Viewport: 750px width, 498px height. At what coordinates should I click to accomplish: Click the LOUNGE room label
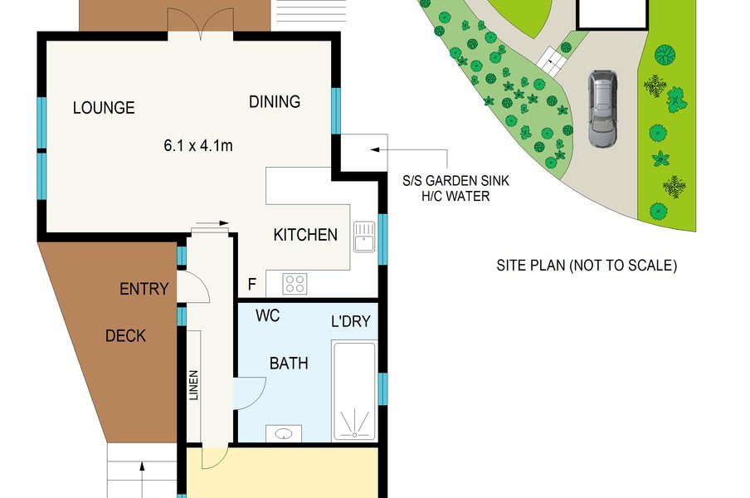(x=104, y=107)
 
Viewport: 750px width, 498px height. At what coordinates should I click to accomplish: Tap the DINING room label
(x=275, y=101)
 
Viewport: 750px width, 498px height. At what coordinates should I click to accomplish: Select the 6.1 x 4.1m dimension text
(x=198, y=145)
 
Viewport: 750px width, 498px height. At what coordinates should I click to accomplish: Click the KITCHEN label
(x=305, y=234)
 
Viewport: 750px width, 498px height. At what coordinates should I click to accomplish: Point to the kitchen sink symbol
(x=364, y=237)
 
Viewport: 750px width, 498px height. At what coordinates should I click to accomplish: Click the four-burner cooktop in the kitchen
(x=295, y=283)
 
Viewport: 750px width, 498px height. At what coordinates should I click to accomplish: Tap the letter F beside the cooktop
(x=252, y=285)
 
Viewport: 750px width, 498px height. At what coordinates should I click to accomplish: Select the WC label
(x=267, y=315)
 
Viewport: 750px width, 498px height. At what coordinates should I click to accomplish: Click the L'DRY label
(x=351, y=321)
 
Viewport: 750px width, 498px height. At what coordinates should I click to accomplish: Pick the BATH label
(x=289, y=364)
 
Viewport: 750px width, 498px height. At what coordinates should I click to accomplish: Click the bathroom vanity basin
(x=284, y=434)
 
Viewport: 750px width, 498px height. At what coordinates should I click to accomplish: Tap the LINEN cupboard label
(x=193, y=385)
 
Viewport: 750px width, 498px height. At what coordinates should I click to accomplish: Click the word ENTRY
(x=144, y=289)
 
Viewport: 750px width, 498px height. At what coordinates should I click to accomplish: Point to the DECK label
(x=125, y=336)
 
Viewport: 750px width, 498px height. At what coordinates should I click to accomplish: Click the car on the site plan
(x=602, y=109)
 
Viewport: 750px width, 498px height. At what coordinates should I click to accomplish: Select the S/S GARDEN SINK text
(x=455, y=181)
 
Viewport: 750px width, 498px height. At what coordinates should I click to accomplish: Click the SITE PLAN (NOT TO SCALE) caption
(x=587, y=265)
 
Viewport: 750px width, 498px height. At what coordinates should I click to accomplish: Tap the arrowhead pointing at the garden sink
(x=374, y=149)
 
